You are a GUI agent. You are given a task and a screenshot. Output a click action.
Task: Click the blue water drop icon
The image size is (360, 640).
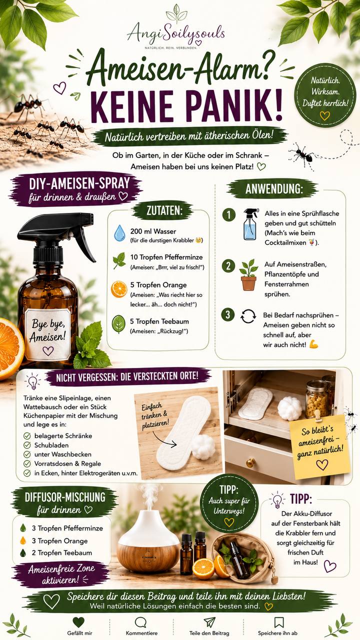pyautogui.click(x=119, y=233)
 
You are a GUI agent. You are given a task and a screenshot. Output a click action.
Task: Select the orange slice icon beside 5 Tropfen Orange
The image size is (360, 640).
pyautogui.click(x=119, y=289)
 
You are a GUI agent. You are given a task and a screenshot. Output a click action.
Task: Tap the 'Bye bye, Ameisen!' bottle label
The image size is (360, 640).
pyautogui.click(x=47, y=334)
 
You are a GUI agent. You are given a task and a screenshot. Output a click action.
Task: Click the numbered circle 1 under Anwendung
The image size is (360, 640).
pyautogui.click(x=229, y=215)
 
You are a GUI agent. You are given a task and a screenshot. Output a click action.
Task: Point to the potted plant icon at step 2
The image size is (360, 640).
pyautogui.click(x=248, y=275)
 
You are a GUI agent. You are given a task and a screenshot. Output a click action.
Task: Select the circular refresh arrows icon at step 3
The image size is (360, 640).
pyautogui.click(x=248, y=316)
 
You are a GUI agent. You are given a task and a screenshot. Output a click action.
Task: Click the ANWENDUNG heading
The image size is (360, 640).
pyautogui.click(x=273, y=189)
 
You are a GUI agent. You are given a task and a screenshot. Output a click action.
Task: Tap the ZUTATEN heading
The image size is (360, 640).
pyautogui.click(x=164, y=210)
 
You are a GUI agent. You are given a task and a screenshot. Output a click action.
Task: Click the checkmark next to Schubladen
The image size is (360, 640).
pyautogui.click(x=27, y=445)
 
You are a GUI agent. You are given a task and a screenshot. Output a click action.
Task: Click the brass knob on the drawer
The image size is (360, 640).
pyautogui.click(x=250, y=462)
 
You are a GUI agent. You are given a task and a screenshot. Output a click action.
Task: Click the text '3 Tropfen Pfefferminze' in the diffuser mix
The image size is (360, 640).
pyautogui.click(x=67, y=528)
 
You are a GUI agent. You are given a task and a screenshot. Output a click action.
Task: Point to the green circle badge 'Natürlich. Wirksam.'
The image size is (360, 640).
pyautogui.click(x=325, y=95)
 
